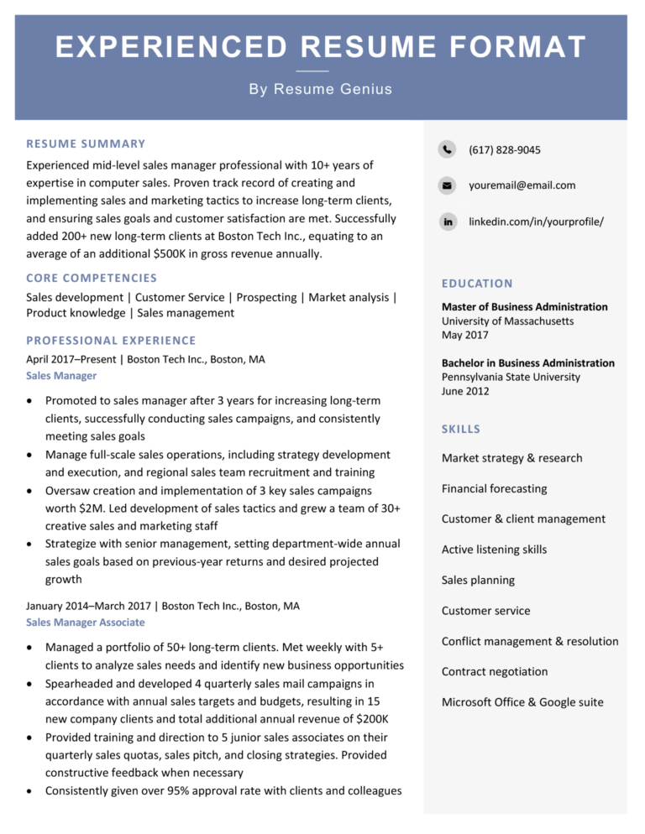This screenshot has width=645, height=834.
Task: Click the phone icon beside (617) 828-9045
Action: click(x=447, y=150)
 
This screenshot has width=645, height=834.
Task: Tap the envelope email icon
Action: click(x=447, y=185)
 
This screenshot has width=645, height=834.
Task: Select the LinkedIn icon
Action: click(x=447, y=222)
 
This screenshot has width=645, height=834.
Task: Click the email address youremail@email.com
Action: click(x=522, y=185)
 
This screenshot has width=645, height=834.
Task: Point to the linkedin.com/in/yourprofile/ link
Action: click(x=536, y=222)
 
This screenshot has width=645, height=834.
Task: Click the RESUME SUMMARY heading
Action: click(x=86, y=144)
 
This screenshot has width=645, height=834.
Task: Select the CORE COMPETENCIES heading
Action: click(x=92, y=278)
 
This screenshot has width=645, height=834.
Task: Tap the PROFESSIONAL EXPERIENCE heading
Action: click(x=111, y=341)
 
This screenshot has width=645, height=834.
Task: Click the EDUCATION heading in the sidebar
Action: click(x=477, y=284)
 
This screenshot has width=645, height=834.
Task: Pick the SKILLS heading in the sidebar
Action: click(x=461, y=430)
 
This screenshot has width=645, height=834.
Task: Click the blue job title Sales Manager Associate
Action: click(x=85, y=623)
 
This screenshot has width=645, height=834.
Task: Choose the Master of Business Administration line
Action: click(x=524, y=307)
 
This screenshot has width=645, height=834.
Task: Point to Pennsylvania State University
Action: click(x=511, y=378)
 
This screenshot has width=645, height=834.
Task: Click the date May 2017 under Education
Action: click(x=464, y=336)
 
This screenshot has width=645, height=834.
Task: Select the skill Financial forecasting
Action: click(x=494, y=488)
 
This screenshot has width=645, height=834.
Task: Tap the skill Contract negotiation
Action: click(x=494, y=672)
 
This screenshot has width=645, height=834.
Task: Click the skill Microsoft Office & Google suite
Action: click(x=522, y=702)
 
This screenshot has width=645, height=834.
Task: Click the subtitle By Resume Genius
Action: click(x=321, y=89)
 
